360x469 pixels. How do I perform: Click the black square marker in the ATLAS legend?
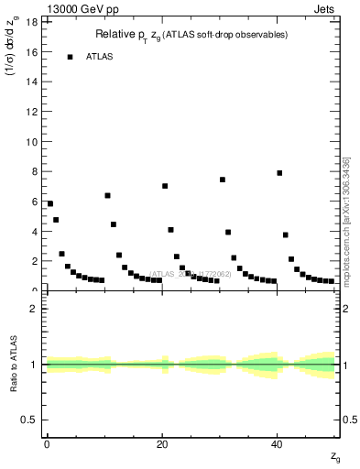pos(70,57)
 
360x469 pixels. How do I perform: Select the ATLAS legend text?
pos(100,57)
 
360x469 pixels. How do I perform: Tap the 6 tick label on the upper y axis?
pos(34,202)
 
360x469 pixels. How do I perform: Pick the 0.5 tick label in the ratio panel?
pos(29,420)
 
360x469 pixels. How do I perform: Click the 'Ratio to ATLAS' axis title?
pos(13,364)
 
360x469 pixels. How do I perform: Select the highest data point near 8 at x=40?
pos(279,173)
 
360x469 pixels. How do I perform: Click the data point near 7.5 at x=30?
pos(223,180)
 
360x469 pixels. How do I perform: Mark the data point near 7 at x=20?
pos(165,186)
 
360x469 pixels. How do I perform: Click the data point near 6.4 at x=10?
pos(107,195)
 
